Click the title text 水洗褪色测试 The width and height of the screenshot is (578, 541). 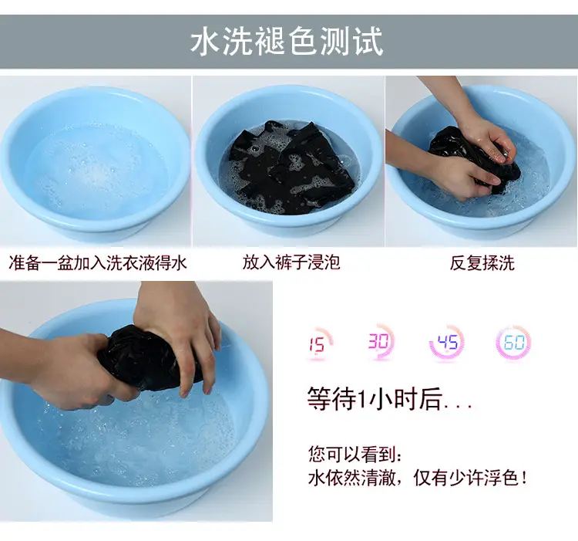(287, 42)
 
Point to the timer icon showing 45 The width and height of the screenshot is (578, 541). (447, 343)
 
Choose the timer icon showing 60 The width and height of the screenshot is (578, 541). (514, 343)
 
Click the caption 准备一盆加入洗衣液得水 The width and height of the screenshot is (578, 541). (98, 263)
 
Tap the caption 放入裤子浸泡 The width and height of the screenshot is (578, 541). (291, 262)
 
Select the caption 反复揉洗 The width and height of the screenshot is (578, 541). (482, 263)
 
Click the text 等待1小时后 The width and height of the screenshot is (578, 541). (390, 398)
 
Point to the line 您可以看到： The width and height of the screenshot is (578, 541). (355, 454)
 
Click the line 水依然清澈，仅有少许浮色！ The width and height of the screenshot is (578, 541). (418, 478)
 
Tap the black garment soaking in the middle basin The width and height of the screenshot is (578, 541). (291, 168)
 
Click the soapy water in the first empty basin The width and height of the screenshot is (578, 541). (96, 170)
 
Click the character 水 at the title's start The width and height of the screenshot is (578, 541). (204, 42)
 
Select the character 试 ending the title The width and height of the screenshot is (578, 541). (369, 42)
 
